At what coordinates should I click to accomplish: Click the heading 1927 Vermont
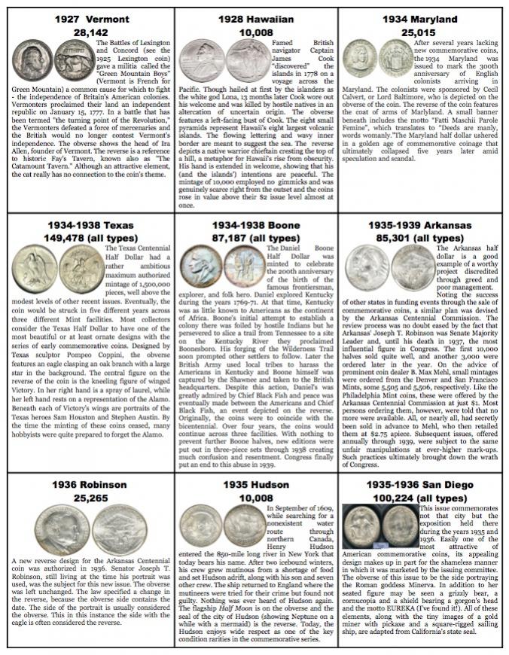tap(86, 19)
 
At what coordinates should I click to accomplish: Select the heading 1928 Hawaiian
tap(254, 19)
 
